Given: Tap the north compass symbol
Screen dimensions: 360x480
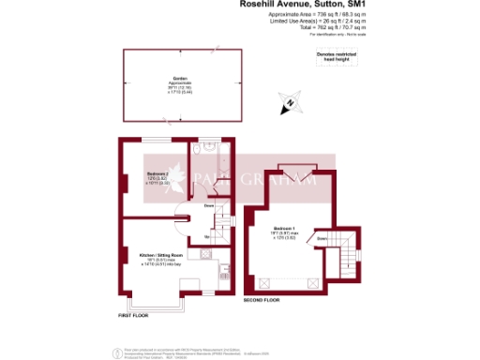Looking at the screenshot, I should click(x=293, y=104).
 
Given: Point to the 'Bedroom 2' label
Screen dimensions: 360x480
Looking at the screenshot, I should click(x=157, y=174).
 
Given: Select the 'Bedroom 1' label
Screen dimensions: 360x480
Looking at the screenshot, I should click(x=285, y=229).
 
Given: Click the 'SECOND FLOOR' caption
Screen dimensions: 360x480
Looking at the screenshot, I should click(x=262, y=300).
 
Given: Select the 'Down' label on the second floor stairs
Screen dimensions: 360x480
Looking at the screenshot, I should click(x=322, y=239).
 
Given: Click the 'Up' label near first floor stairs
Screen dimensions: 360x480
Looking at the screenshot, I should click(x=205, y=236).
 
